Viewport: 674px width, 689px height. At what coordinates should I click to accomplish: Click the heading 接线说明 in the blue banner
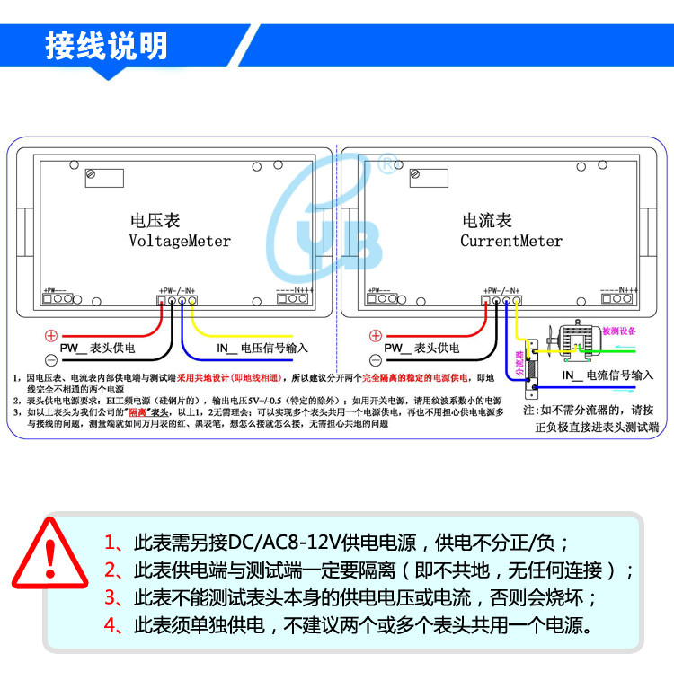pos(106,46)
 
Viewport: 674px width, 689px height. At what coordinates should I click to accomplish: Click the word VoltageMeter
pos(180,241)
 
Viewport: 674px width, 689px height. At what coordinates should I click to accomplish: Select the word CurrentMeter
pos(511,241)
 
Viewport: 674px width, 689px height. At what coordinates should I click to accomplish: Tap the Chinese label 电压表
pos(155,220)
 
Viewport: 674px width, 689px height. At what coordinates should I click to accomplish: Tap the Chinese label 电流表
pos(487,220)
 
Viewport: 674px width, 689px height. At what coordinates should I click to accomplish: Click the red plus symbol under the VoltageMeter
pos(51,335)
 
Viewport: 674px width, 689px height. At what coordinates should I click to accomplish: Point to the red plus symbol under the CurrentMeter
pos(376,335)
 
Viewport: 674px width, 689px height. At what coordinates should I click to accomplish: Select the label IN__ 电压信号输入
pos(262,348)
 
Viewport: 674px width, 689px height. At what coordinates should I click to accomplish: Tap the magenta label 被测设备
pos(618,331)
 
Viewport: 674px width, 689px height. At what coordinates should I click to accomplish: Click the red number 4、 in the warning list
pos(114,625)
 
